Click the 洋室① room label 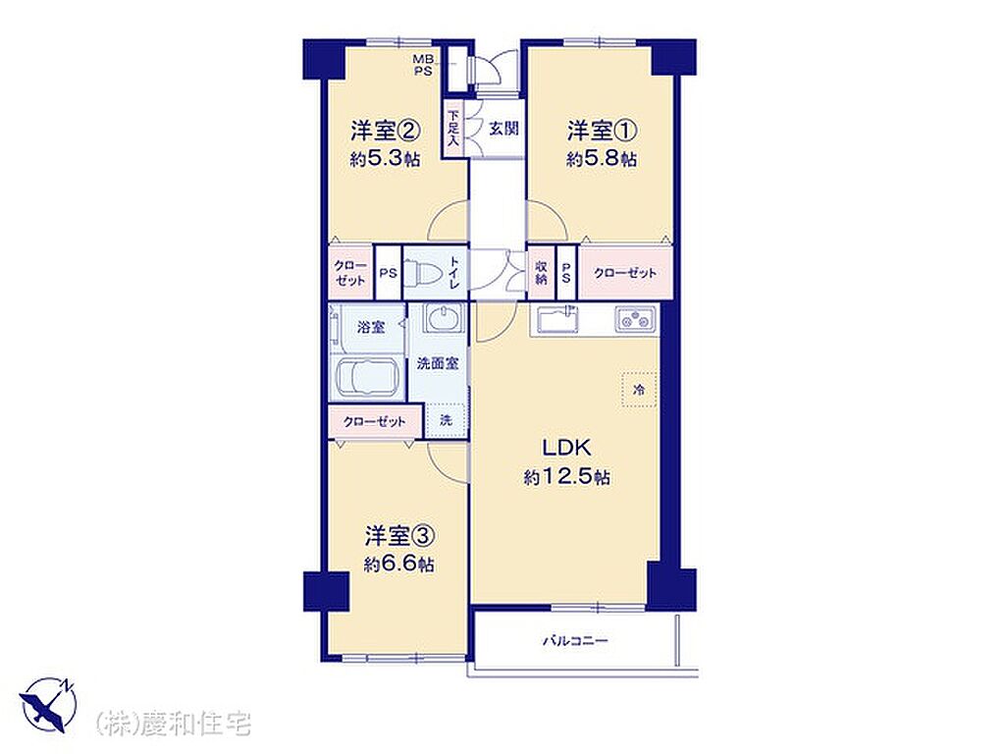click(602, 132)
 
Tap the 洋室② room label click(385, 132)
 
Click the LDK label click(566, 448)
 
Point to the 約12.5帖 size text click(567, 477)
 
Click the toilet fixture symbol click(424, 273)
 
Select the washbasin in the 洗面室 click(443, 318)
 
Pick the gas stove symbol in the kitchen click(636, 319)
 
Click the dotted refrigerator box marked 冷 click(638, 389)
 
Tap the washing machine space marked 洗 click(447, 420)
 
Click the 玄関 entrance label click(503, 129)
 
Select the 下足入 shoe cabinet click(453, 129)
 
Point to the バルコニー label click(575, 640)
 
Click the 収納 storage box click(541, 273)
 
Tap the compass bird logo click(48, 705)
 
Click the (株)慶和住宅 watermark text click(173, 724)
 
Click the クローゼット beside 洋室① click(625, 273)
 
